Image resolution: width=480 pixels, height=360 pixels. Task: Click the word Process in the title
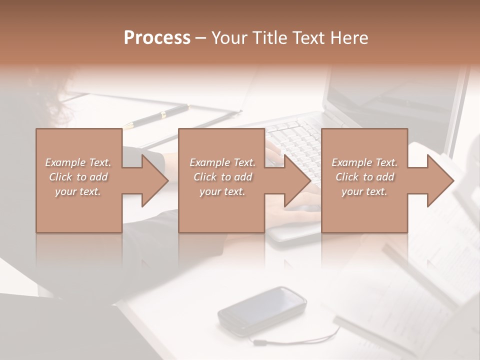[x=157, y=38]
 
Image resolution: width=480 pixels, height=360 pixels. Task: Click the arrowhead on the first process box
[x=154, y=180]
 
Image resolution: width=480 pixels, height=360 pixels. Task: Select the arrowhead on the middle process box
[x=297, y=180]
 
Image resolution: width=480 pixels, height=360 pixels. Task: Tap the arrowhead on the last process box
[x=439, y=180]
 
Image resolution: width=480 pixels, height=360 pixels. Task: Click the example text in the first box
[x=78, y=176]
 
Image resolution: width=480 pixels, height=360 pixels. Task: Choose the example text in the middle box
[x=222, y=176]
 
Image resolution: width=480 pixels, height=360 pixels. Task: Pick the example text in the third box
[x=364, y=176]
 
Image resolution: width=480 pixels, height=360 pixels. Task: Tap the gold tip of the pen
[x=128, y=125]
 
